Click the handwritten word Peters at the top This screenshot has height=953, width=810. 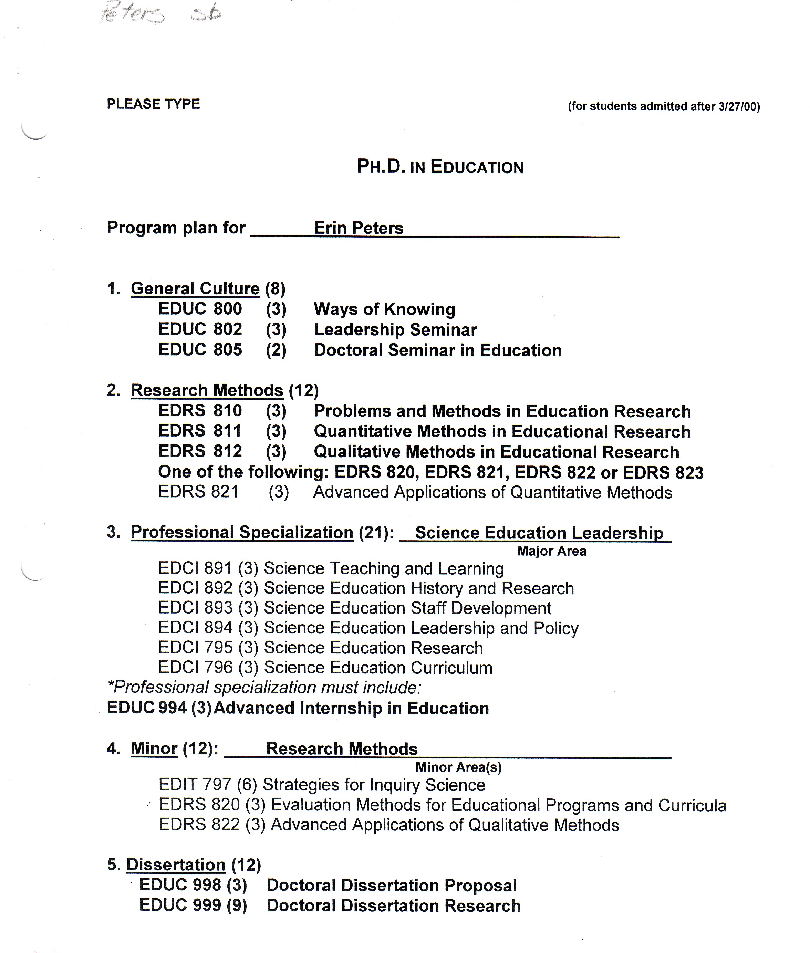coord(132,14)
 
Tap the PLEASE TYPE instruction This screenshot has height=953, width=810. coord(153,104)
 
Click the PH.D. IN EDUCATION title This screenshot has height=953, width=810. coord(440,167)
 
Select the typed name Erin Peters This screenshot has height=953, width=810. coord(358,228)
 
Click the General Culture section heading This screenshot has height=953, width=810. coord(195,289)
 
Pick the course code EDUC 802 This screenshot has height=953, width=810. coord(200,329)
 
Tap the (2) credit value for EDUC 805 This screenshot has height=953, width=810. coord(276,350)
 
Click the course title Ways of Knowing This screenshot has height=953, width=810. coord(384,310)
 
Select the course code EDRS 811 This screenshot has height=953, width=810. coord(200,431)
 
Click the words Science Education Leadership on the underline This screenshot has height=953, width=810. coord(539,533)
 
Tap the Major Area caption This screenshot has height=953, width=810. coord(551,551)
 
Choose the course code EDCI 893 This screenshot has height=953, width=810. coord(195,608)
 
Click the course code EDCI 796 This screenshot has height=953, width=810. coord(195,668)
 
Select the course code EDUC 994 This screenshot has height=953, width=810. coord(146,708)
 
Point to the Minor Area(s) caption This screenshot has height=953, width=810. coord(458,767)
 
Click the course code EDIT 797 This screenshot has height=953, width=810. coord(194,785)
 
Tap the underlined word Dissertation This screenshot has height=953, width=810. coord(176,865)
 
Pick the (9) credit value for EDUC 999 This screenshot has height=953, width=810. coord(237,906)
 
